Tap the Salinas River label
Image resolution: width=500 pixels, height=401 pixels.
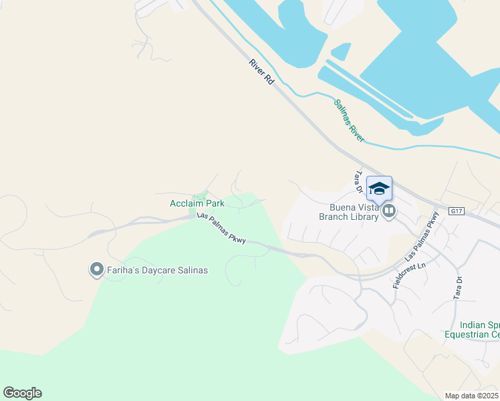(349, 121)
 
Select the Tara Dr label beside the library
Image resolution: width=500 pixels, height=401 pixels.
(358, 182)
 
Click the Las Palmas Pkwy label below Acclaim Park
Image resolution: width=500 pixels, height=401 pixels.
(221, 229)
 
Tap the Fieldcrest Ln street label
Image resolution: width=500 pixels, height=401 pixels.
(404, 275)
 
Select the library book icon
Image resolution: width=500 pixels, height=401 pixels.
(388, 212)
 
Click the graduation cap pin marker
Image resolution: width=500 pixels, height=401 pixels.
(379, 189)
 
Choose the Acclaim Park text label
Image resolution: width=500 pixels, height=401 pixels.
(197, 203)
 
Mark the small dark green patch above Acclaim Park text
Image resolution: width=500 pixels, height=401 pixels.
(199, 195)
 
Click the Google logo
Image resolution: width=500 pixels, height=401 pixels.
(22, 393)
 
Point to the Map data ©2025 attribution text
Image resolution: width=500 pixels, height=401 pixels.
(472, 396)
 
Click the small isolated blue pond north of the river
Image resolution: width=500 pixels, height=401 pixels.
(341, 51)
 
